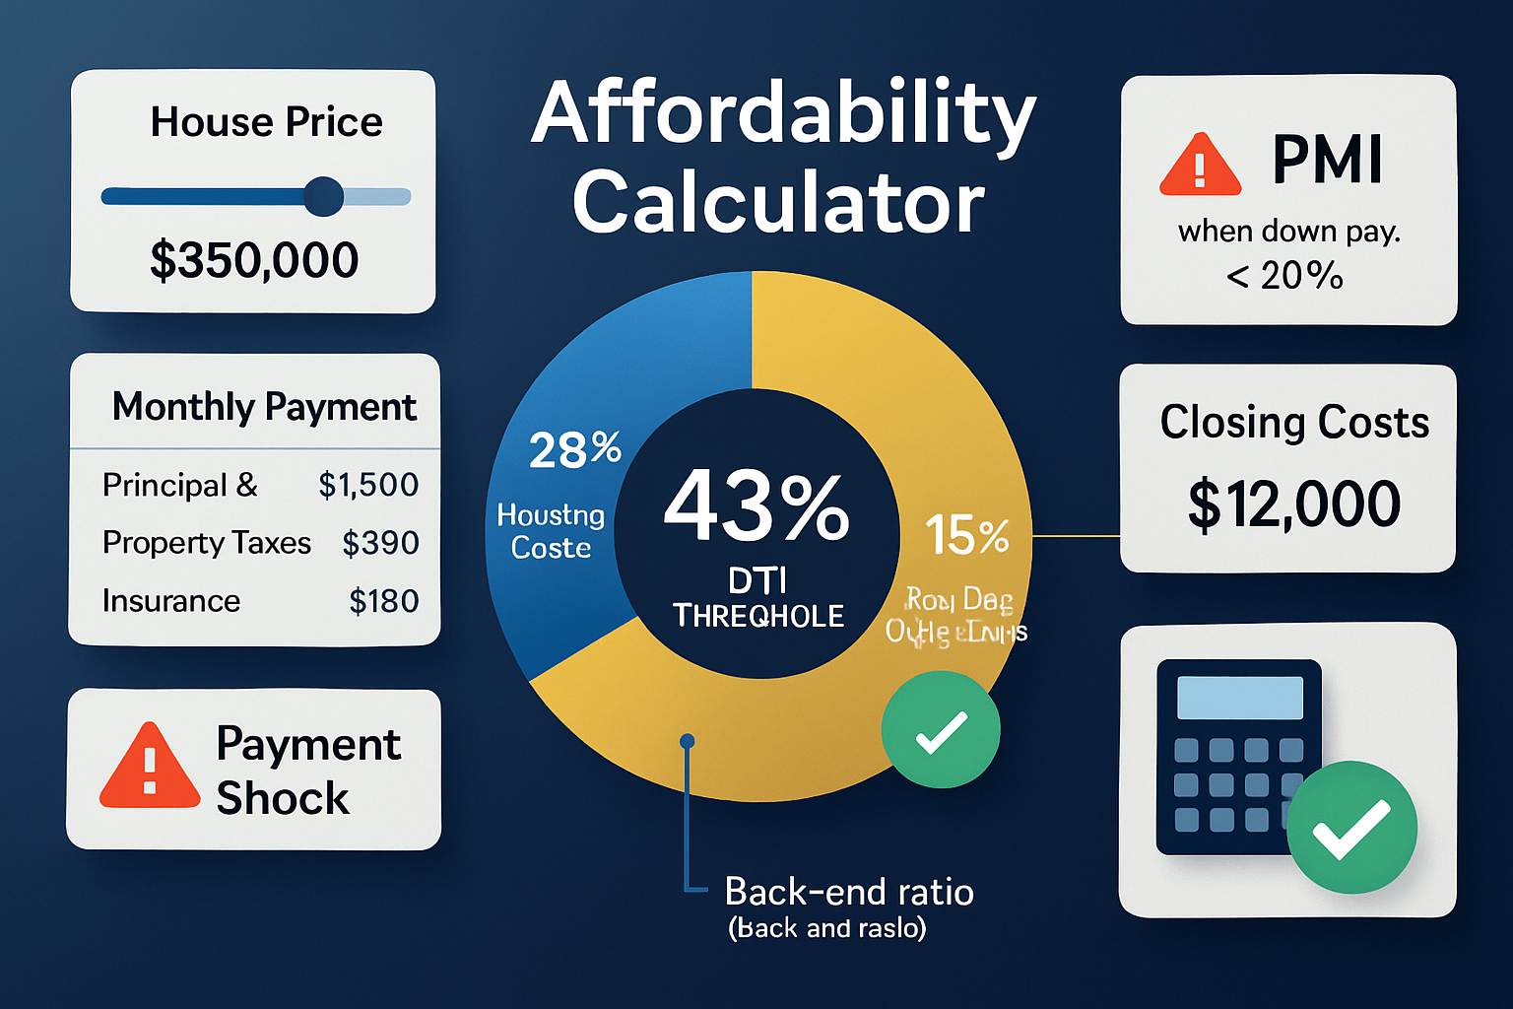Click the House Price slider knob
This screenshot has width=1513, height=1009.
point(323,196)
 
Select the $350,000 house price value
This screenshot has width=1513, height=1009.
point(254,260)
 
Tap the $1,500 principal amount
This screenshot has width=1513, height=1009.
point(368,485)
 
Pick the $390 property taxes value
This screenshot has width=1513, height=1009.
point(380,543)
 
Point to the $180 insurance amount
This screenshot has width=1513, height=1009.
point(384,601)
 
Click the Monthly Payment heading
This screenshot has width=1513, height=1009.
point(264,407)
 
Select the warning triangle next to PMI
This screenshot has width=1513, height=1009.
point(1200,167)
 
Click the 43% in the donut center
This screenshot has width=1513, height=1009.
point(756,507)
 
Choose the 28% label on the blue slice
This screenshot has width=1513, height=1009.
point(575,449)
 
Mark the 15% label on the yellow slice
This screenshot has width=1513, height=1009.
point(967,536)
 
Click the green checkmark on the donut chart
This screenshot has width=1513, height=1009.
point(941,730)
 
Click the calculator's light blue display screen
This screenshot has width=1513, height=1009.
point(1240,698)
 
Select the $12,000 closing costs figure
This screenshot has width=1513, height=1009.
point(1293,504)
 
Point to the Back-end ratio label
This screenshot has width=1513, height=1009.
point(849,892)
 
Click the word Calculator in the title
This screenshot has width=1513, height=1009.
point(778,203)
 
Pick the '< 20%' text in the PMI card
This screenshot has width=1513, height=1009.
point(1284,276)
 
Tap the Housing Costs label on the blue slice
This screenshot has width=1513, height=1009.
point(551,531)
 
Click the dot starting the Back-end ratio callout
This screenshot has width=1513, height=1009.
point(688,741)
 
